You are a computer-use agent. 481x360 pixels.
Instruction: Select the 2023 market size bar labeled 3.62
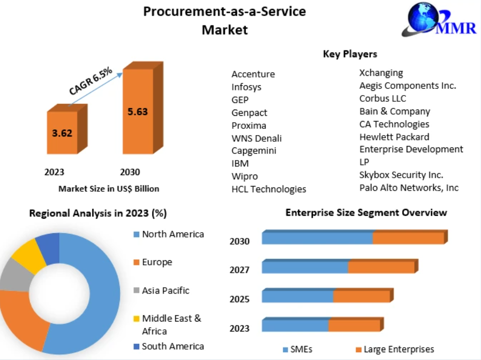coord(63,132)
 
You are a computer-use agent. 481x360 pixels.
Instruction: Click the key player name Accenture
coord(253,74)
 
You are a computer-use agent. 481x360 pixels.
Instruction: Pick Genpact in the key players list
coord(249,112)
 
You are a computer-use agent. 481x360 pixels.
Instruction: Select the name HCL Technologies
coord(269,189)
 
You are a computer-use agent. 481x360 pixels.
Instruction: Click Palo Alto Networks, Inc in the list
coord(409,188)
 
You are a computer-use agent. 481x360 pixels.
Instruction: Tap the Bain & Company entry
coord(394,111)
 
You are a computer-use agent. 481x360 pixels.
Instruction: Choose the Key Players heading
coord(350,54)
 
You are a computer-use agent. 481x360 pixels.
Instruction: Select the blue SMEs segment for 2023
coord(295,326)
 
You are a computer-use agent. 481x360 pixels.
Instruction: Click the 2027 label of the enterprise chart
coord(239,270)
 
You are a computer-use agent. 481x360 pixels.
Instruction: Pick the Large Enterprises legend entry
coord(398,349)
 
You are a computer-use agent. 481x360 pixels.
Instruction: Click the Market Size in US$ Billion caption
coord(109,189)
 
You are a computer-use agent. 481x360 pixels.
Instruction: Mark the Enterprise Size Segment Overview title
coord(366,212)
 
